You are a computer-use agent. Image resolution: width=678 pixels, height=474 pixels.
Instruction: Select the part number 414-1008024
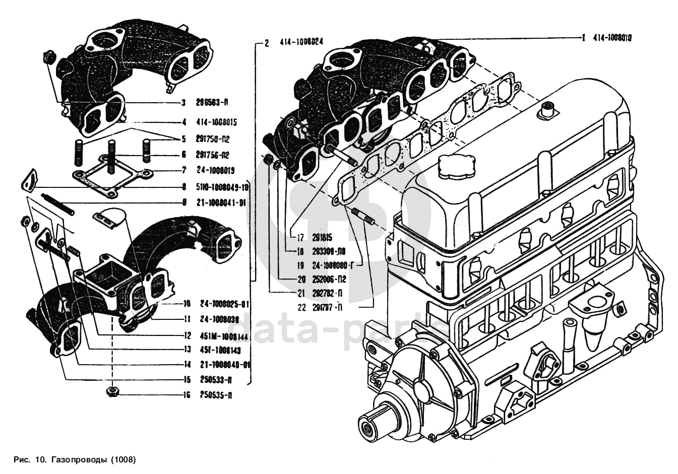pyautogui.click(x=301, y=42)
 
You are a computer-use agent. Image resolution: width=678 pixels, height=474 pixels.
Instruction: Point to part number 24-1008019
pyautogui.click(x=215, y=170)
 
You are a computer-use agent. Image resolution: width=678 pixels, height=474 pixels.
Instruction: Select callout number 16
pyautogui.click(x=187, y=395)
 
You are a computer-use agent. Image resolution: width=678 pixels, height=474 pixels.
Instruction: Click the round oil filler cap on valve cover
pyautogui.click(x=456, y=166)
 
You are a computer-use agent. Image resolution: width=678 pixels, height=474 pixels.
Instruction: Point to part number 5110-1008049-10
pyautogui.click(x=222, y=187)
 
